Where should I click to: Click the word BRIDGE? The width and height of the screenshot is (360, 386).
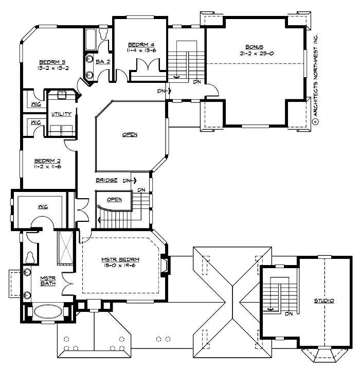107,181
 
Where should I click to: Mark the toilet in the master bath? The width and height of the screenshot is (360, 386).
29,256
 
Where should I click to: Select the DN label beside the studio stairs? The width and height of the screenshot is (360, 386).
289,313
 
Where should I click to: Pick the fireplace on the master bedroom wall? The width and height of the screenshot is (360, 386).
165,265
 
